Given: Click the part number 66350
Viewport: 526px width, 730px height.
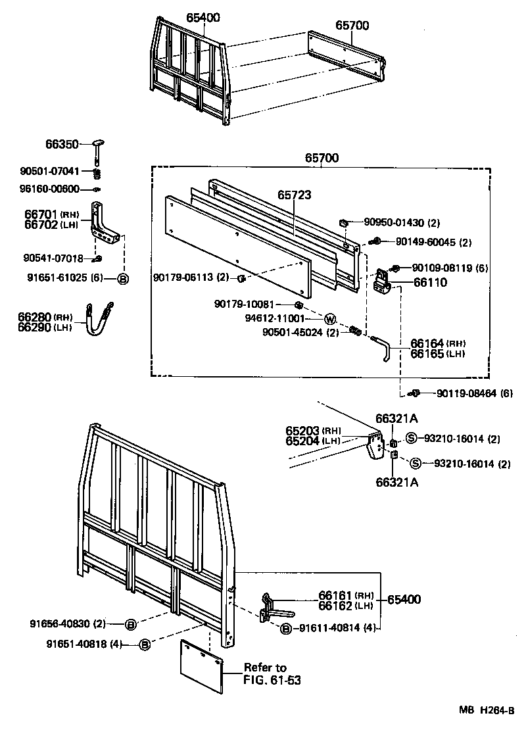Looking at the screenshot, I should [62, 143].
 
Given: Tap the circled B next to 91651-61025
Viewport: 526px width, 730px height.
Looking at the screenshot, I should [122, 278].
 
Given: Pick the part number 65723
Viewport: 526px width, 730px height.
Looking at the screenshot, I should [294, 195].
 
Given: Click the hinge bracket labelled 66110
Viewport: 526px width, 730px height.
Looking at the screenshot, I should [381, 281].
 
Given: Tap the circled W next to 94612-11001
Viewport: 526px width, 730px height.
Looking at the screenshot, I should [330, 319].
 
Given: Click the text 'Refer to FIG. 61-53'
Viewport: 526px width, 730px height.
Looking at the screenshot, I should [272, 674].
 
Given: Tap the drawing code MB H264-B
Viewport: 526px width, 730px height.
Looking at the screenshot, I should [487, 710].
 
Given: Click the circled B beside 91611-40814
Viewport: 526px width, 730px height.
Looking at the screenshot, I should [285, 629].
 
